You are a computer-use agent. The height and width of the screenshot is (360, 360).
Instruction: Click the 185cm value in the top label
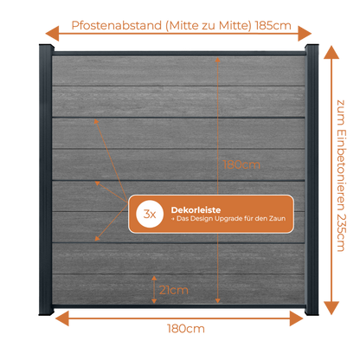pos(273,26)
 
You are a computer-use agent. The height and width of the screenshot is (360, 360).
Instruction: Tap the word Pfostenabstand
pos(117,26)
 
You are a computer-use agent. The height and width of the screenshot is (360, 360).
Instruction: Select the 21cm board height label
pos(174,290)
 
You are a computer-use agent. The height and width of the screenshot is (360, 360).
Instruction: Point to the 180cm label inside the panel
pos(241,164)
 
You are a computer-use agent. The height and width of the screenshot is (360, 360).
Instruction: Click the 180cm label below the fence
pos(186,329)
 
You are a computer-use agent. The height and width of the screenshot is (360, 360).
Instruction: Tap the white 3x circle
pos(150,214)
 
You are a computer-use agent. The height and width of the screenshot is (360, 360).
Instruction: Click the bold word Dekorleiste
pos(196,210)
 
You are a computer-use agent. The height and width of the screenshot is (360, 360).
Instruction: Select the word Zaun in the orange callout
pos(278,218)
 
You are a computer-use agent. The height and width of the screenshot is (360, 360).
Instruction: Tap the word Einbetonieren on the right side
pos(341,170)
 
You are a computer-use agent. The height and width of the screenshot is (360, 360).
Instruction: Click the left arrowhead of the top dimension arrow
pos(52,34)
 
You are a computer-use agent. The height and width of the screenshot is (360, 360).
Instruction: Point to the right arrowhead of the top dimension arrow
pos(305,34)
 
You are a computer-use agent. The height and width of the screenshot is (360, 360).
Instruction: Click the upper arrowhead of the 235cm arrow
pos(331,53)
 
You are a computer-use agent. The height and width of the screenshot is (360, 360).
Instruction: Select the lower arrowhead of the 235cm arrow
pos(331,308)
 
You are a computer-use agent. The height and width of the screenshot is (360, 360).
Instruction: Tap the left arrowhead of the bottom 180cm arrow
pos(62,318)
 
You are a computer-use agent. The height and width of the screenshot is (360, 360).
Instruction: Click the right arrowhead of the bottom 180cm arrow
pos(296,318)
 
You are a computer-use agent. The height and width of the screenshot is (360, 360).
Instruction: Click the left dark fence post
pos(46,180)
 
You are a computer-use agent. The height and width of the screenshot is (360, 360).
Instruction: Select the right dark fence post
pos(312,180)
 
